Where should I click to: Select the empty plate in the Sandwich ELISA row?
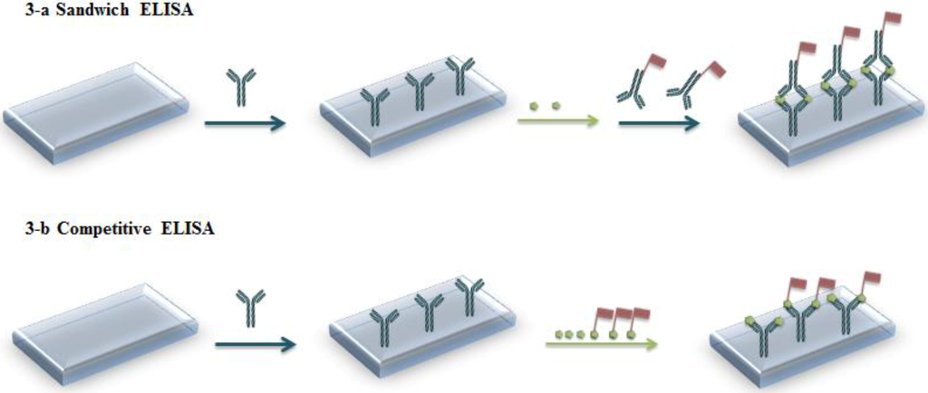click(x=95, y=111)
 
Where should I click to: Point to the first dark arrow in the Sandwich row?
click(x=244, y=122)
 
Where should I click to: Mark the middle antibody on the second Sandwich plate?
click(x=420, y=91)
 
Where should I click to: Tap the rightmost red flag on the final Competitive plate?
click(x=871, y=276)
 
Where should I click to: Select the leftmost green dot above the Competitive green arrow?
click(x=559, y=334)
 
